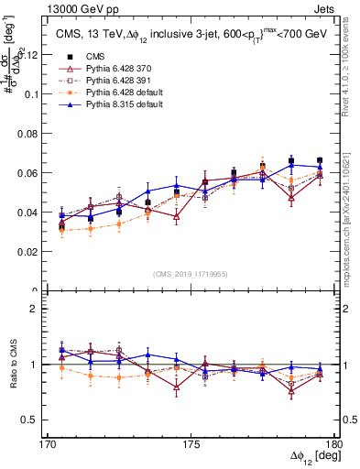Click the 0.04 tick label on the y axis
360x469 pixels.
coord(29,212)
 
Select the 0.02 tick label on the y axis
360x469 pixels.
coord(29,251)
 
